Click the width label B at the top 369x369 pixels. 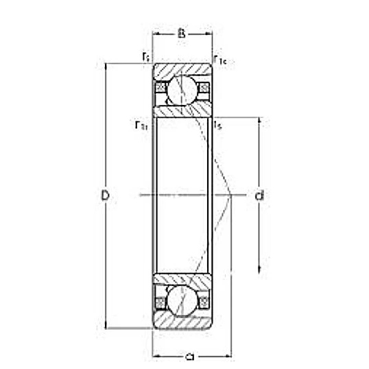click(x=181, y=32)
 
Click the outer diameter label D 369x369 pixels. click(x=105, y=195)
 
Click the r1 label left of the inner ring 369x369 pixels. click(x=141, y=124)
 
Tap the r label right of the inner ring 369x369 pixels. click(x=217, y=124)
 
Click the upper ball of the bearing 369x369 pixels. click(x=182, y=89)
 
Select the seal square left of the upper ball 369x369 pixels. click(x=160, y=88)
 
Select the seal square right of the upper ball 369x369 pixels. click(x=203, y=88)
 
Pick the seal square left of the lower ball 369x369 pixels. click(x=160, y=302)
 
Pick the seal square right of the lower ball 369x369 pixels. click(x=203, y=302)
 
